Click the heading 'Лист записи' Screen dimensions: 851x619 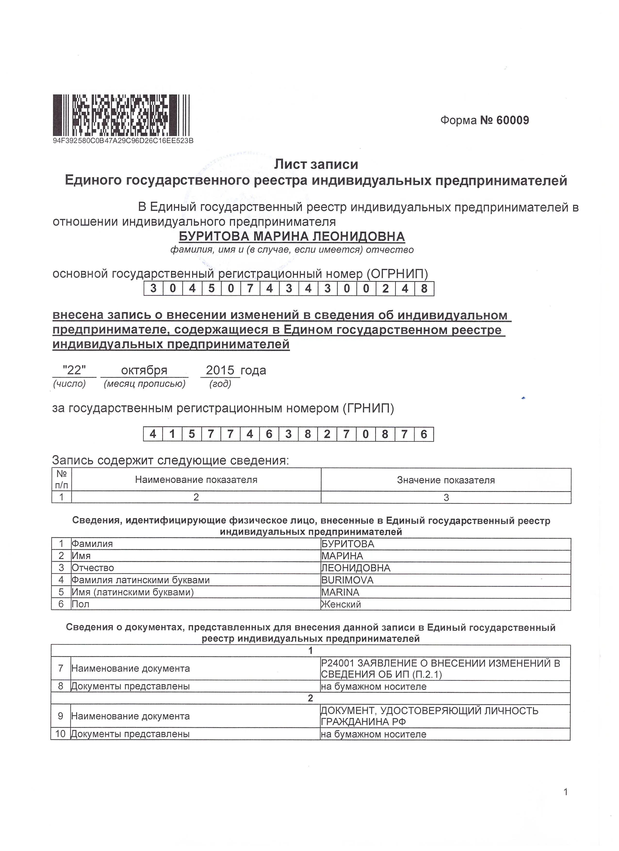(316, 164)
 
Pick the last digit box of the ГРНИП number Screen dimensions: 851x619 (424, 434)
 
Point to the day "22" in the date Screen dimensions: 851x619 (74, 370)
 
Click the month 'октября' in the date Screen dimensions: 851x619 (144, 370)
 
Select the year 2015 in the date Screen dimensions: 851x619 (220, 370)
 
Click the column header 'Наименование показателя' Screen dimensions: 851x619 (196, 480)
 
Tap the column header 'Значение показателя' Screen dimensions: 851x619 (446, 480)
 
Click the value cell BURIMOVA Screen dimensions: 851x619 (348, 580)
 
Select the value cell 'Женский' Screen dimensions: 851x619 (341, 604)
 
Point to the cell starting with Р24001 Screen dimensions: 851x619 (440, 668)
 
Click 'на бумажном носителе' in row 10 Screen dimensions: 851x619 (374, 734)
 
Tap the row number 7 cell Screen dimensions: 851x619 (61, 668)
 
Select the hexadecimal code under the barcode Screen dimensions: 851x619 (123, 141)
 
